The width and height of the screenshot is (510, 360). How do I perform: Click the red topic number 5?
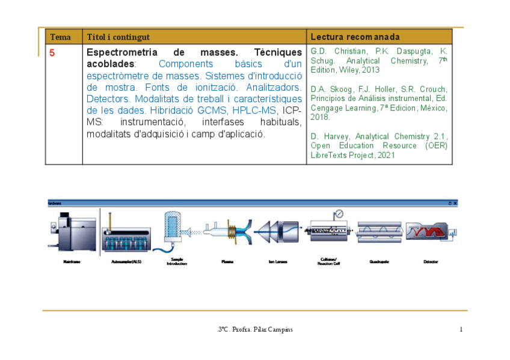coord(52,53)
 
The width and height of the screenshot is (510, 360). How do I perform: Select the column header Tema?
coord(60,37)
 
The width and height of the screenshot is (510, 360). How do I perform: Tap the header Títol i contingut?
coord(118,37)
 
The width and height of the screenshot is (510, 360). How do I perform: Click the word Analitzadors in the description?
coord(268,87)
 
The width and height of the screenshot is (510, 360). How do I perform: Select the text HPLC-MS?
coord(254,110)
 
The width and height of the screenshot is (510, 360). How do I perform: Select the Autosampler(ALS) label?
coord(126,262)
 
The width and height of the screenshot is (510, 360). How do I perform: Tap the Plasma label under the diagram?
coord(227,262)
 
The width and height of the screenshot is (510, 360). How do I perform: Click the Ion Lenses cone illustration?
coord(277,231)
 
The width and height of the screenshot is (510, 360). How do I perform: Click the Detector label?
coord(431,262)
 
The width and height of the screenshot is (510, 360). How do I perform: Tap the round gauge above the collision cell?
coord(339,213)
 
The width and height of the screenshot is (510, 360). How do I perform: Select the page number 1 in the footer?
coord(461,329)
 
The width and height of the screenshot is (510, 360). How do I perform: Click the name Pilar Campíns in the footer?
coord(277,329)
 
